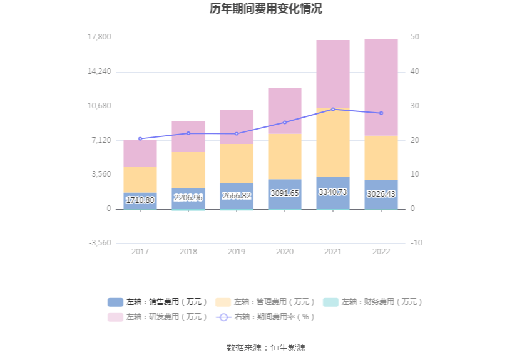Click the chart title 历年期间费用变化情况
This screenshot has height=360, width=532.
pyautogui.click(x=266, y=9)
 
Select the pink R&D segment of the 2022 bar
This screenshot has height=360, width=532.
pyautogui.click(x=381, y=88)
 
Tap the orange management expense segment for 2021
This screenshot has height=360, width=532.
pyautogui.click(x=333, y=143)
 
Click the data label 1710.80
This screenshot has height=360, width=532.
pyautogui.click(x=140, y=200)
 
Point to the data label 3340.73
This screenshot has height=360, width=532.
pyautogui.click(x=333, y=192)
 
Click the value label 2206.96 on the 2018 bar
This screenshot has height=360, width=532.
pyautogui.click(x=188, y=197)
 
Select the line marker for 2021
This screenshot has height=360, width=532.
pyautogui.click(x=333, y=110)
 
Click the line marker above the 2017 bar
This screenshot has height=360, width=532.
pyautogui.click(x=140, y=139)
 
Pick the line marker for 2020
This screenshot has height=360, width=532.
pyautogui.click(x=285, y=123)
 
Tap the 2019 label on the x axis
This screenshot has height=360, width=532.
pyautogui.click(x=237, y=252)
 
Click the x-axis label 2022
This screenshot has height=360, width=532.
pyautogui.click(x=381, y=252)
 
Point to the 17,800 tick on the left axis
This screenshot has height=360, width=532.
pyautogui.click(x=99, y=38)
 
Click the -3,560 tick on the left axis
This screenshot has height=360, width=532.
pyautogui.click(x=99, y=243)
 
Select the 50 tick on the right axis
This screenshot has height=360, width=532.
pyautogui.click(x=415, y=38)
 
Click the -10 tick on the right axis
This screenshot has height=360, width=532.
pyautogui.click(x=416, y=243)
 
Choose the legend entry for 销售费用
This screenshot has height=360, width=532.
pyautogui.click(x=158, y=302)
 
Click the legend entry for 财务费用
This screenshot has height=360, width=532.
pyautogui.click(x=373, y=302)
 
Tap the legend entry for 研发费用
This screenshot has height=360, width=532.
pyautogui.click(x=158, y=317)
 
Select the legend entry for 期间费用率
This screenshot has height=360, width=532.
pyautogui.click(x=265, y=317)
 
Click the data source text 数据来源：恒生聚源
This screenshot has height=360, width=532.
pyautogui.click(x=266, y=347)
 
